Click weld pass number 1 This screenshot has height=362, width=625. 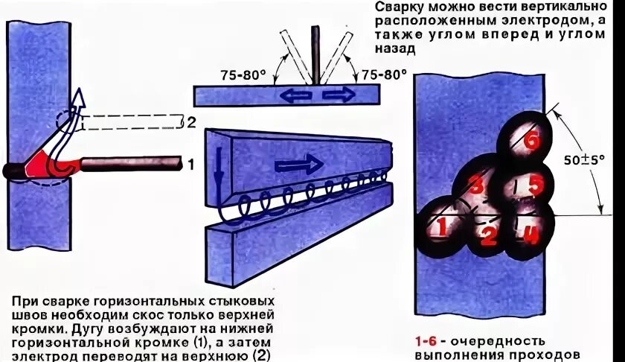(x=440, y=227)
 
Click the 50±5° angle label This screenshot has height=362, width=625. (x=583, y=159)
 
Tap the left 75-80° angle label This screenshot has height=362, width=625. (x=242, y=75)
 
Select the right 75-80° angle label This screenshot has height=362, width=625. (x=384, y=74)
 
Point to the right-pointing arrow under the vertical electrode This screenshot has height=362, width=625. (x=339, y=95)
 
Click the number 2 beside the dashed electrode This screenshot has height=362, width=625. (x=191, y=122)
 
